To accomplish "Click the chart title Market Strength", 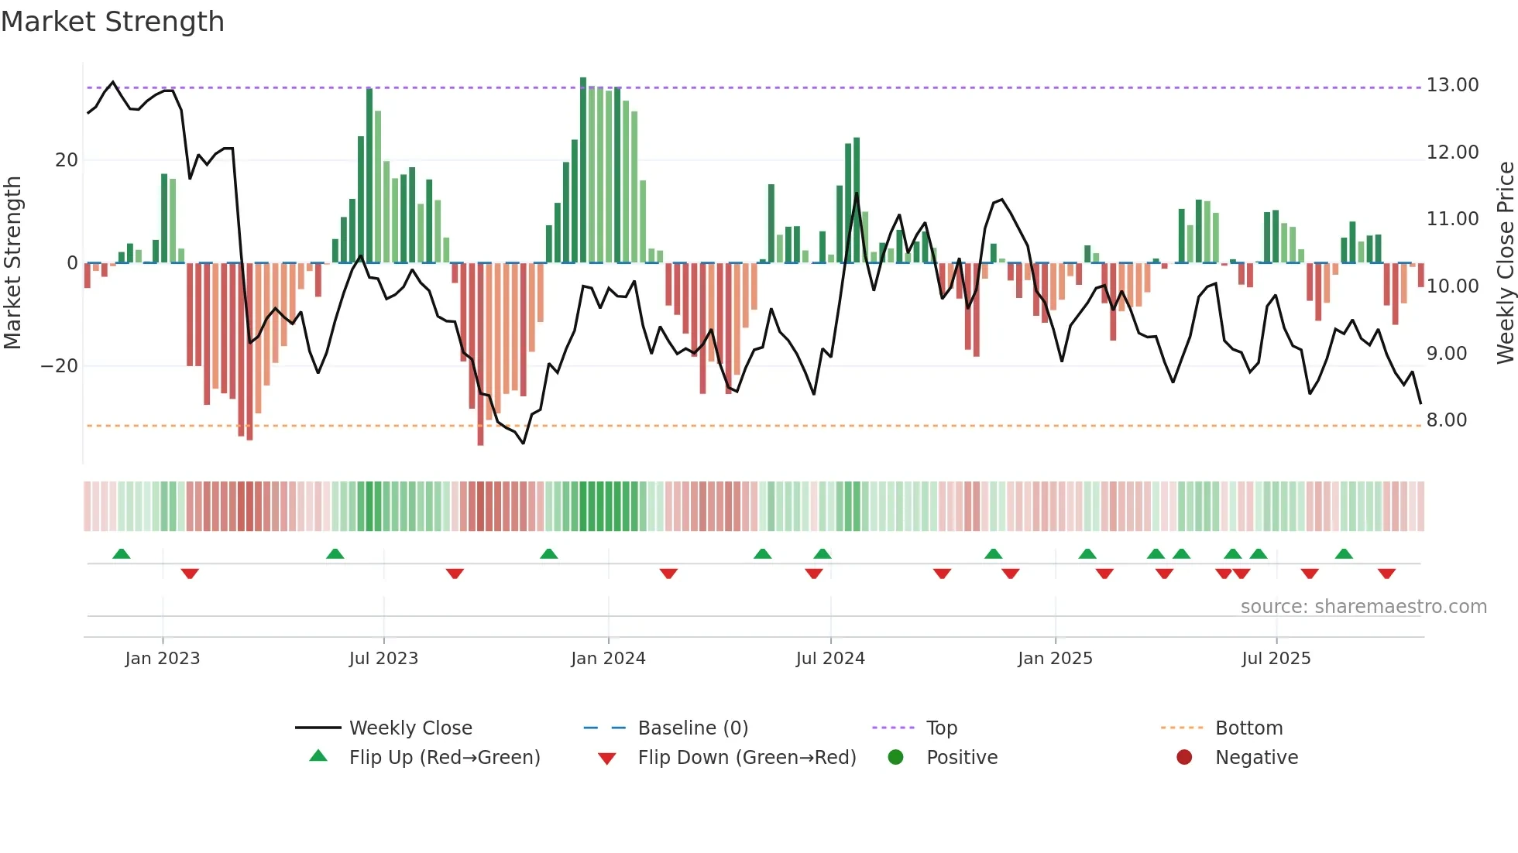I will pyautogui.click(x=112, y=22).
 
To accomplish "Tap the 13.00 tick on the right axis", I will pyautogui.click(x=1452, y=85).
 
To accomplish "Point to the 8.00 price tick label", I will pyautogui.click(x=1446, y=420).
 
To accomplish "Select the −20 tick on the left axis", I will pyautogui.click(x=60, y=366).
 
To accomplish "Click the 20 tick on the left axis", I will pyautogui.click(x=67, y=160).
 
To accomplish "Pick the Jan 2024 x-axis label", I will pyautogui.click(x=608, y=659).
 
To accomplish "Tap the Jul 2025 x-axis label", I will pyautogui.click(x=1276, y=659).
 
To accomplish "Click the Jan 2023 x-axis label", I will pyautogui.click(x=163, y=659).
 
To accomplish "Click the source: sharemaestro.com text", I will pyautogui.click(x=1363, y=607).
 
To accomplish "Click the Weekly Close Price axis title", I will pyautogui.click(x=1505, y=263).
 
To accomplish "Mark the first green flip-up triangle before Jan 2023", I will pyautogui.click(x=122, y=553).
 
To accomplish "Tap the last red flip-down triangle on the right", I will pyautogui.click(x=1386, y=574).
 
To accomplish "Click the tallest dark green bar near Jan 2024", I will pyautogui.click(x=583, y=170).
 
